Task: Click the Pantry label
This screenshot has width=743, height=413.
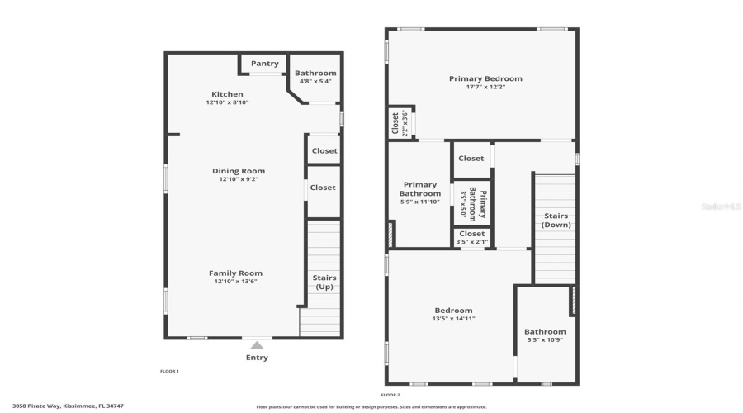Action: [265, 64]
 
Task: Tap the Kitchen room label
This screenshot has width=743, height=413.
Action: [227, 94]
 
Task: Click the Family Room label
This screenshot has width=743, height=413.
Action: [235, 273]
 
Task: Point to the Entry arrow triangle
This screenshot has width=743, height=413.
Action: [257, 345]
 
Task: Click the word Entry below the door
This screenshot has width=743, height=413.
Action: [257, 358]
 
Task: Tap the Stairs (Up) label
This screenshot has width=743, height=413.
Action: [324, 282]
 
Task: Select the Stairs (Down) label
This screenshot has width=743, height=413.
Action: [556, 221]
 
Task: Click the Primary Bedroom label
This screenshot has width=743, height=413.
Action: [481, 78]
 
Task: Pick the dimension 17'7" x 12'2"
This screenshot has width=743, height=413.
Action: [481, 87]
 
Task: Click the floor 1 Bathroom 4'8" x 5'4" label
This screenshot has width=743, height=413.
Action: [315, 77]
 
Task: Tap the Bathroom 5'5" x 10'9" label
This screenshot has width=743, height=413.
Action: [545, 336]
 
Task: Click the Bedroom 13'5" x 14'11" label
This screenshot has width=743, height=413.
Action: [453, 314]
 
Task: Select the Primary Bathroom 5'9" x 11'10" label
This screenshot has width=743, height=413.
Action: [419, 193]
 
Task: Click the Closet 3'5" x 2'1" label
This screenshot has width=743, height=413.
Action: [471, 238]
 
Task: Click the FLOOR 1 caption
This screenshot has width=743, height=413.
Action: [169, 372]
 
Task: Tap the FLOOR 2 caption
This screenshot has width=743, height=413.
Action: [390, 395]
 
